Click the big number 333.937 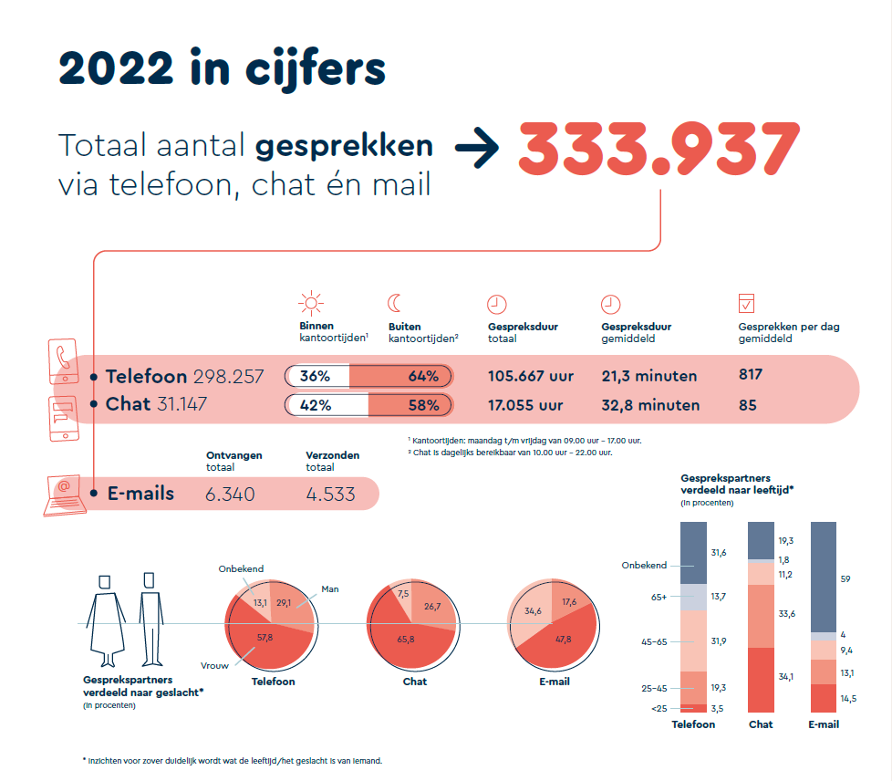(659, 149)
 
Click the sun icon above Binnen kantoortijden (312, 304)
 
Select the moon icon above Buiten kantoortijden (395, 304)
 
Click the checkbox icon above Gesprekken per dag (746, 304)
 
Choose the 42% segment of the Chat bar (327, 405)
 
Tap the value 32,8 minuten (650, 405)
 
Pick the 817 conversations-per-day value (750, 374)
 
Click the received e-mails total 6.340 (231, 495)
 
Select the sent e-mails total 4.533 (330, 495)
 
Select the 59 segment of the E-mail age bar (824, 577)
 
